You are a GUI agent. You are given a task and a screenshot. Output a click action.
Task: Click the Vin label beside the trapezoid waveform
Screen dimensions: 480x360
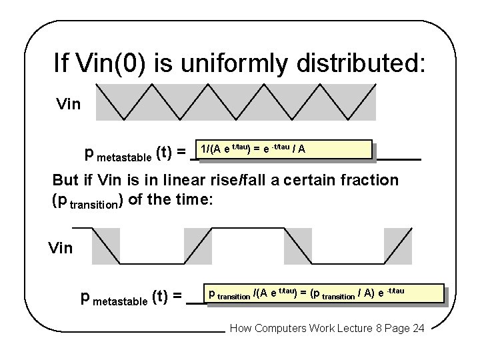pyautogui.click(x=61, y=249)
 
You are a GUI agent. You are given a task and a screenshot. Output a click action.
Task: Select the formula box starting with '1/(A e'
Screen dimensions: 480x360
pyautogui.click(x=281, y=149)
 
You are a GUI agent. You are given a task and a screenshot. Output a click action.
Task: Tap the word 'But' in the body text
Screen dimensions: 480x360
pyautogui.click(x=67, y=181)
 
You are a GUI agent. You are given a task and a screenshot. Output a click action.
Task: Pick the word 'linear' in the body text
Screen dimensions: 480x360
pyautogui.click(x=178, y=181)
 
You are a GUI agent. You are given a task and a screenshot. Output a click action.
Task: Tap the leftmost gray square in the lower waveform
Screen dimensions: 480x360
pyautogui.click(x=105, y=247)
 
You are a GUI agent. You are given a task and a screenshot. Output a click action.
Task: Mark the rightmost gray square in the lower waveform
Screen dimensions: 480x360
pyautogui.click(x=398, y=247)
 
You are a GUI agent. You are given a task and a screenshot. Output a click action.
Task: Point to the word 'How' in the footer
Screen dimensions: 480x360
pyautogui.click(x=241, y=329)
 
